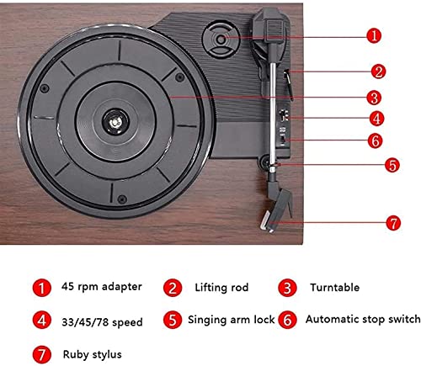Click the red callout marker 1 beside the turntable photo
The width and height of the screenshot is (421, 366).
tap(374, 35)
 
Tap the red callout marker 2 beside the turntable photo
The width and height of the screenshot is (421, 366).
tap(378, 72)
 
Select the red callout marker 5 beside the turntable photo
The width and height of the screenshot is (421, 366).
tap(392, 165)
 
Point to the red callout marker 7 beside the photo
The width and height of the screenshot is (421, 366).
tap(393, 223)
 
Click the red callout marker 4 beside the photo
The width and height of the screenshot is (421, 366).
tap(376, 118)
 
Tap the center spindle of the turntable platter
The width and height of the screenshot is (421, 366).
tap(115, 122)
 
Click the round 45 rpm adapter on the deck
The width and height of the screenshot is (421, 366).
tap(221, 40)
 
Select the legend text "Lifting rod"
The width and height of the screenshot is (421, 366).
tap(221, 288)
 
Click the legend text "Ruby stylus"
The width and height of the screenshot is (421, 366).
tap(93, 354)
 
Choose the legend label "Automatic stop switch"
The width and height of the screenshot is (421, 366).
tap(363, 319)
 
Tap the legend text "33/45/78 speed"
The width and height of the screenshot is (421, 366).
tap(102, 322)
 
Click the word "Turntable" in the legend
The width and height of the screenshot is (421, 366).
tap(334, 288)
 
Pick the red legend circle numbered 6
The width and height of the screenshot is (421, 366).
tap(287, 320)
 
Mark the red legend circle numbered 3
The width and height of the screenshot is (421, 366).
tap(287, 288)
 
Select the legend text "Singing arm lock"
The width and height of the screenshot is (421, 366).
tap(231, 320)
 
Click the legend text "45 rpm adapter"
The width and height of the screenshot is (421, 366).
tap(102, 287)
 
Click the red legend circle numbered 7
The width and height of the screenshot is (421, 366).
tap(42, 354)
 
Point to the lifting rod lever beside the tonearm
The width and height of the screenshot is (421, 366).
tap(288, 85)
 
